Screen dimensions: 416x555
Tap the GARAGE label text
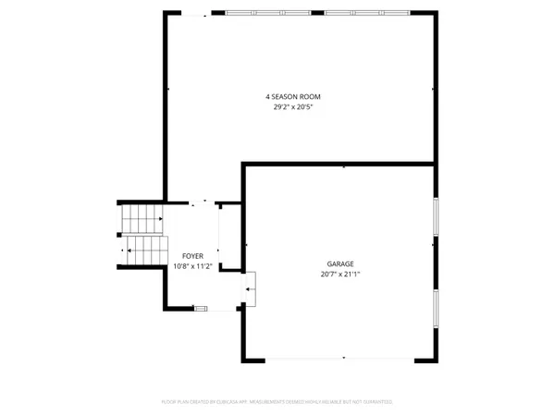(339, 263)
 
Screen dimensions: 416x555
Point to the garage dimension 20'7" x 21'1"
(339, 275)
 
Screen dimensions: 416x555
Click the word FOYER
(192, 256)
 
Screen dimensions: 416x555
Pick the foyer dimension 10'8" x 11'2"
(192, 267)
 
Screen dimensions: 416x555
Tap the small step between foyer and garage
(250, 289)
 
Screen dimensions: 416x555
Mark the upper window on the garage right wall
(435, 221)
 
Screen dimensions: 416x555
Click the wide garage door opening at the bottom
(344, 358)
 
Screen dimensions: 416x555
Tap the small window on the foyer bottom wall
(201, 308)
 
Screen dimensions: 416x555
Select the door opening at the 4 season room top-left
(189, 13)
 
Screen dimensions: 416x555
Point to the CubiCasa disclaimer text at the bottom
(277, 402)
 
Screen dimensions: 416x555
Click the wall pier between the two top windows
(325, 13)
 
